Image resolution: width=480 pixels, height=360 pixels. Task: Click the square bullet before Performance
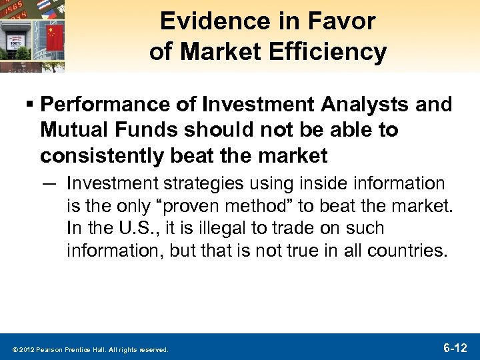tap(31, 105)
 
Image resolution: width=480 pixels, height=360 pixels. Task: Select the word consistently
tap(97, 155)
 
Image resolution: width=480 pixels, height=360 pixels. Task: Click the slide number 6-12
tap(455, 347)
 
